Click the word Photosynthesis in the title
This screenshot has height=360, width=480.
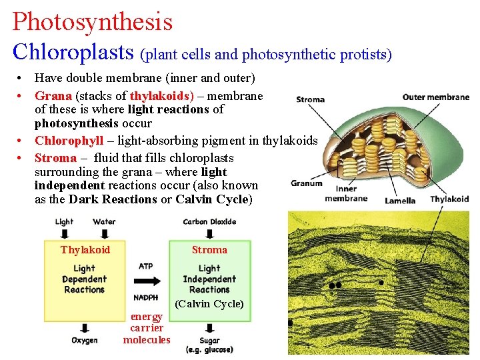coord(92,21)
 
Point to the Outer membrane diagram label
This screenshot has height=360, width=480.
coord(435,97)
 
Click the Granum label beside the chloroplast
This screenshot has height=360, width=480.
coord(307,183)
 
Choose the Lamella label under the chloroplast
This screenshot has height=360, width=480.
coord(400,201)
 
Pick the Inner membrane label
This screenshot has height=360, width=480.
coord(346,193)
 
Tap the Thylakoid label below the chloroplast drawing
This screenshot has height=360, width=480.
coord(449,199)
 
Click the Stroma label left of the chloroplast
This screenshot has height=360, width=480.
coord(310,99)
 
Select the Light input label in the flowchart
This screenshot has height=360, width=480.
coord(64,222)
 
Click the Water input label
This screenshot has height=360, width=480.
coord(104,222)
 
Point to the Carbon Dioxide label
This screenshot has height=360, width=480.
coord(209,222)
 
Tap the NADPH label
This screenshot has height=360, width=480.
coord(145,297)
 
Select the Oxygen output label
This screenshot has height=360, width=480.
coord(85,341)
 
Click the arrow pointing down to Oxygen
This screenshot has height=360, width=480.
coord(85,328)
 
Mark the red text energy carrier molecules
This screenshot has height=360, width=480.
coord(147,328)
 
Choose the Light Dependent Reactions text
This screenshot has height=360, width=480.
coord(84,279)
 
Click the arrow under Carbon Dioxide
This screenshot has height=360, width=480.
coord(209,233)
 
